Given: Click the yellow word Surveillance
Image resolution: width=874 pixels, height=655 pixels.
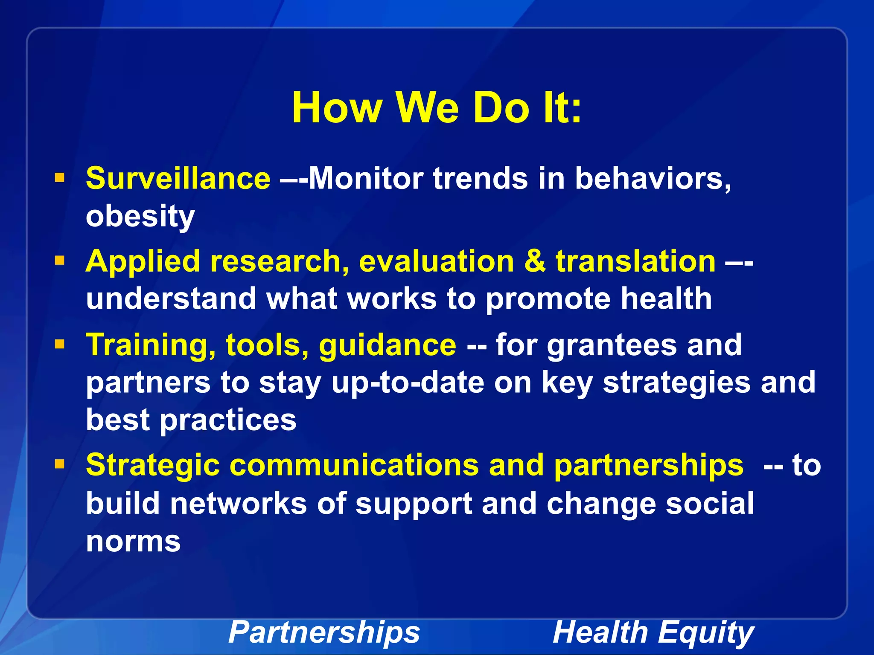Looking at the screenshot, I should (178, 178).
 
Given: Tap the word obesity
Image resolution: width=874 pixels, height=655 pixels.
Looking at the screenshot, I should (140, 216).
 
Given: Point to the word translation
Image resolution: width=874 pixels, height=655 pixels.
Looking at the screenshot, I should (635, 261).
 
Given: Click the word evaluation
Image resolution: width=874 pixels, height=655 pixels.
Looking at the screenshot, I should (436, 261).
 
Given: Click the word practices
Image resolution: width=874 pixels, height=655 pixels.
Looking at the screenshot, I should (228, 420).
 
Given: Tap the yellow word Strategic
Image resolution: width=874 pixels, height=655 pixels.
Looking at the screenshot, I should (152, 465).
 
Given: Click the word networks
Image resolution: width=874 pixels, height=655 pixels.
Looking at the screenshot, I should (238, 503).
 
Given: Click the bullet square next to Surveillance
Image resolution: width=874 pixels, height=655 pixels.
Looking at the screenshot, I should (60, 177).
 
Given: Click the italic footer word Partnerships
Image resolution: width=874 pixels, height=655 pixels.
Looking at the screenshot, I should (324, 632).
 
